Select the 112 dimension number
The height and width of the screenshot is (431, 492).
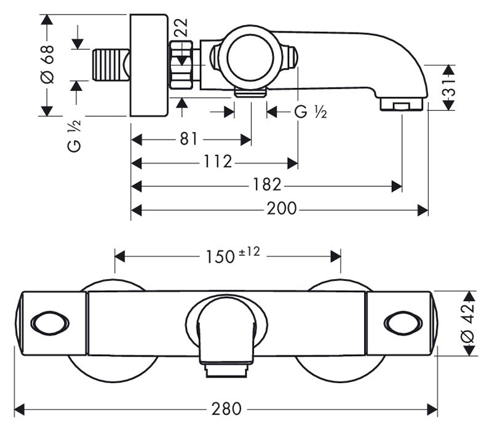[x=218, y=162]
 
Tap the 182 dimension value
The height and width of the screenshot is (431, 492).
[x=267, y=185]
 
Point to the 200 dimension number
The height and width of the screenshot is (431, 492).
[x=282, y=210]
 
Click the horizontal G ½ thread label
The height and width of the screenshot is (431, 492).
[x=311, y=112]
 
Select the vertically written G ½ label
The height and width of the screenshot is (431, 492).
[x=75, y=136]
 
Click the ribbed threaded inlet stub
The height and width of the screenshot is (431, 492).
[x=109, y=65]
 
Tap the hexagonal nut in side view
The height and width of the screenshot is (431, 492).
[x=183, y=66]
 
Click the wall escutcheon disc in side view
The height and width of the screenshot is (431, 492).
[x=149, y=65]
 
